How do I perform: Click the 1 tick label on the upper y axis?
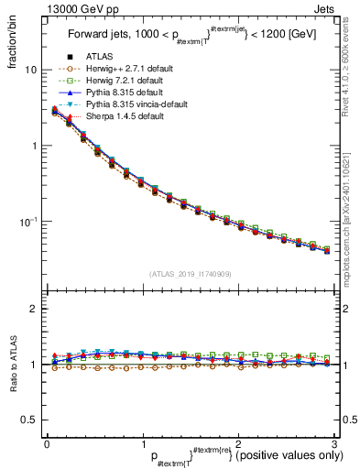pyautogui.click(x=34, y=146)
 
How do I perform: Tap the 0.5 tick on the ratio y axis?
pyautogui.click(x=29, y=420)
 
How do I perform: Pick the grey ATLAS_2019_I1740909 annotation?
pyautogui.click(x=189, y=274)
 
